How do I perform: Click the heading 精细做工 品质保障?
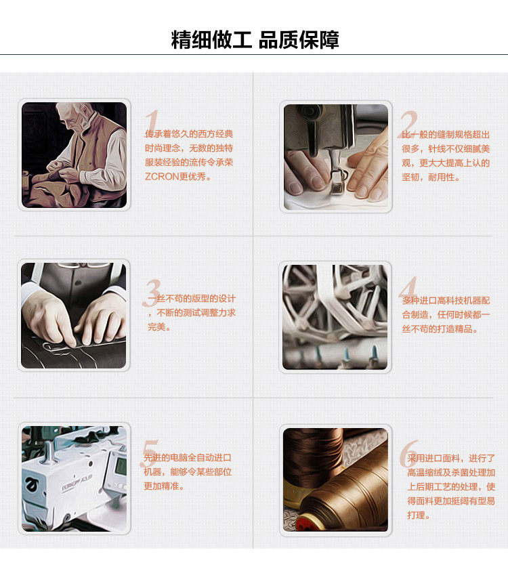tap(255, 39)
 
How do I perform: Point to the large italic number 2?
tap(408, 124)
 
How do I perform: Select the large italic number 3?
tap(151, 293)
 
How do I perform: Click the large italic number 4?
tap(408, 289)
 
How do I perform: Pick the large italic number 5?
tap(149, 453)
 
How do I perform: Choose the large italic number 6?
tap(409, 453)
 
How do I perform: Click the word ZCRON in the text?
tap(161, 177)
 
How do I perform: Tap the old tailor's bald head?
tap(73, 110)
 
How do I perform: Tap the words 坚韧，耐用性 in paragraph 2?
tap(431, 177)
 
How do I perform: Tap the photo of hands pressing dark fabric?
tap(73, 316)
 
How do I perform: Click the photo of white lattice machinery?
tap(335, 317)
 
